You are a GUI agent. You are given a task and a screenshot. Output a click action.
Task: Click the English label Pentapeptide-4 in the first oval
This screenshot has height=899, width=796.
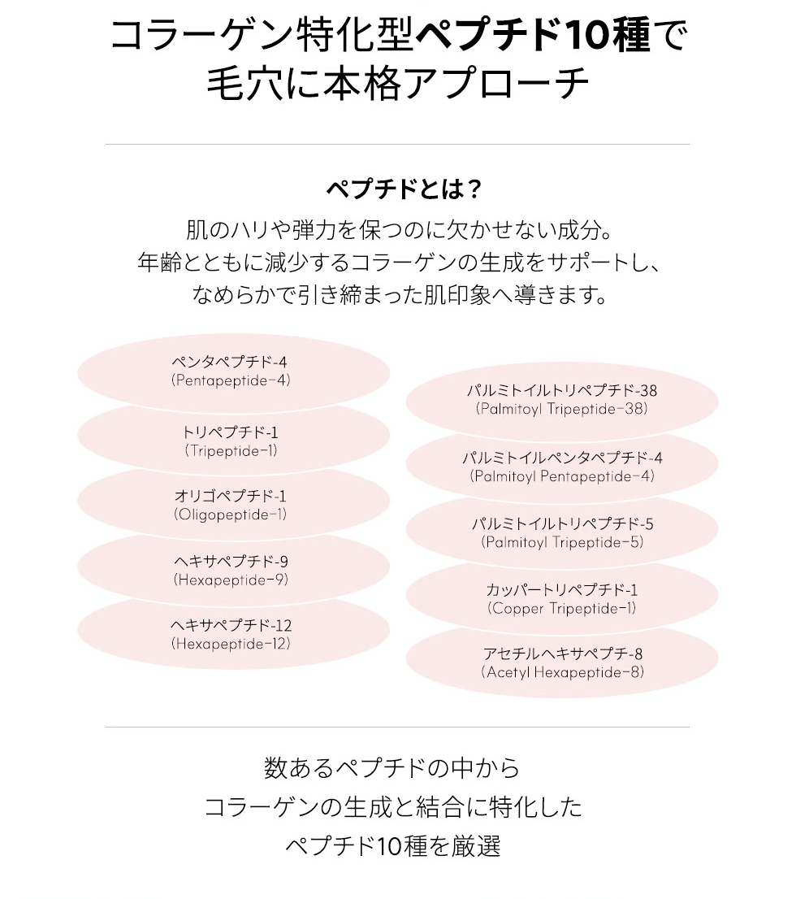pos(231,380)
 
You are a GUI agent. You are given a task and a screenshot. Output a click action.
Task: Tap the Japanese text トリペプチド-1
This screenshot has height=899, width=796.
pos(231,432)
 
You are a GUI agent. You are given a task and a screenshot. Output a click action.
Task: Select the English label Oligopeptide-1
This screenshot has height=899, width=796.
pos(231,515)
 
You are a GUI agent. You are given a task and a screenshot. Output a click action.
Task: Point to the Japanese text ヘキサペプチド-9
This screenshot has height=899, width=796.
pos(231,562)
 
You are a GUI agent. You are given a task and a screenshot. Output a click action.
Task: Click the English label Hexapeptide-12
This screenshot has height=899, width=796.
pos(231,644)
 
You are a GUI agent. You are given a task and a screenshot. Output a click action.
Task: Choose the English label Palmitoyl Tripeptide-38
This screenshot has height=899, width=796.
pos(562,409)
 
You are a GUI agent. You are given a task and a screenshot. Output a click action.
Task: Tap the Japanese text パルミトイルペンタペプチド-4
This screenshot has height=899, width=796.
pos(562,458)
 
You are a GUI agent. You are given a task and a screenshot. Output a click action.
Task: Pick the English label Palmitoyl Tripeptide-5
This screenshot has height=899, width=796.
pos(562,542)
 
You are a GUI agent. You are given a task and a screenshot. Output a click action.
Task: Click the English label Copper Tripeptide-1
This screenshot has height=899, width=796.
pos(562,608)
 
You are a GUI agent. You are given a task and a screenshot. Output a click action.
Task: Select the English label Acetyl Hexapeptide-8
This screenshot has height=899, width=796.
pos(562,672)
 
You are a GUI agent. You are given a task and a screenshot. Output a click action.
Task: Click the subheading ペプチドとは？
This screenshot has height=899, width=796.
pos(404,189)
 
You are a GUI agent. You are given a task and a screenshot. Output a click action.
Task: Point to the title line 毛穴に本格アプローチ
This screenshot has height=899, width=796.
pos(397,85)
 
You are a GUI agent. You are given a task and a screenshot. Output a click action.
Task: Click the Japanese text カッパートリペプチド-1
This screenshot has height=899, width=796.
pos(562,590)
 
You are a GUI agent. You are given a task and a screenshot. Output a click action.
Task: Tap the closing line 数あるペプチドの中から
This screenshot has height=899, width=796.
pos(392,767)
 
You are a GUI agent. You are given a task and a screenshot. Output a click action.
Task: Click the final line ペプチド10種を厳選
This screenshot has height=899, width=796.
pos(392,846)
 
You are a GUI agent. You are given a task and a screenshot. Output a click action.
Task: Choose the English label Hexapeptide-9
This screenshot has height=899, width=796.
pos(231,580)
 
